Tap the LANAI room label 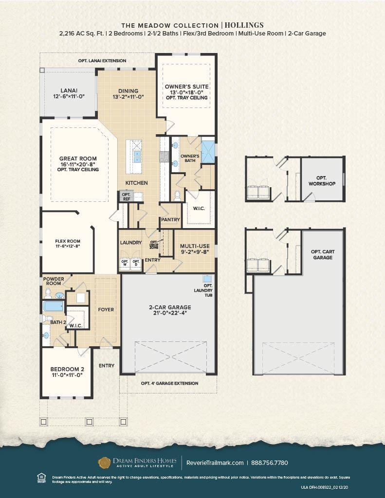69,90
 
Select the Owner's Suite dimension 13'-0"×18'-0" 186,92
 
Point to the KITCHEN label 137,183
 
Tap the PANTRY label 171,220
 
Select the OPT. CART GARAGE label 322,254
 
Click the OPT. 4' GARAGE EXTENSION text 169,383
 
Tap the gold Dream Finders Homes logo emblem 104,462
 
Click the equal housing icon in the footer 41,479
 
